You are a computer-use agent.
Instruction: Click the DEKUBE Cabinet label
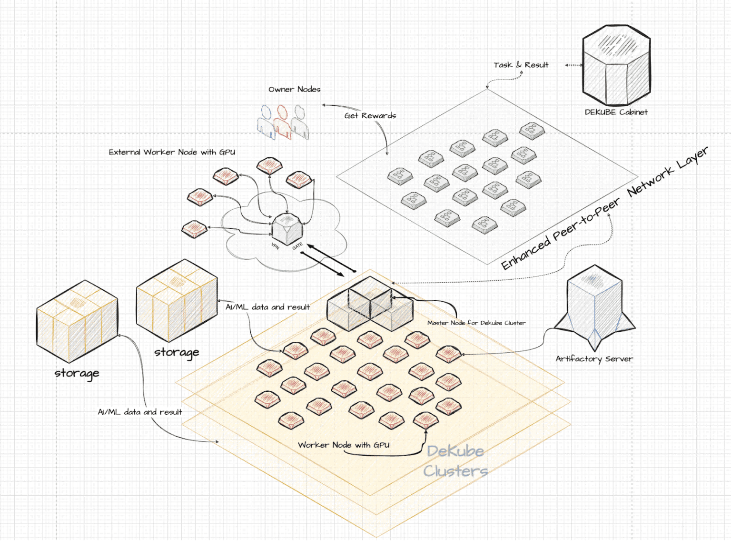pyautogui.click(x=616, y=112)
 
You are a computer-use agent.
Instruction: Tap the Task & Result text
pyautogui.click(x=521, y=65)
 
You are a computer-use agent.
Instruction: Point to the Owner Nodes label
pyautogui.click(x=294, y=89)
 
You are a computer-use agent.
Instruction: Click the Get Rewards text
pyautogui.click(x=370, y=115)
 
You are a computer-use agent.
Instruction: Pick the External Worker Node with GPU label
pyautogui.click(x=172, y=152)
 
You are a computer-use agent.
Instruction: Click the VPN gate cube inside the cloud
pyautogui.click(x=286, y=229)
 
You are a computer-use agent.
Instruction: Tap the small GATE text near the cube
pyautogui.click(x=297, y=246)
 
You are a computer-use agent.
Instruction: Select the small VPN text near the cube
pyautogui.click(x=275, y=246)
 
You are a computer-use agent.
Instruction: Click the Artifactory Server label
pyautogui.click(x=594, y=358)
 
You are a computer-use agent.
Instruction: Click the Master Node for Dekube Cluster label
pyautogui.click(x=476, y=323)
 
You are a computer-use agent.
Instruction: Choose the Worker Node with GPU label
pyautogui.click(x=343, y=445)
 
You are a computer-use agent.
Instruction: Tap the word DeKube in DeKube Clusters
pyautogui.click(x=455, y=451)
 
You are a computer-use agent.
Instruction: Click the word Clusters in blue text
pyautogui.click(x=455, y=471)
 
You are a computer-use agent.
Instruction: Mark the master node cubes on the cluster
pyautogui.click(x=370, y=304)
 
